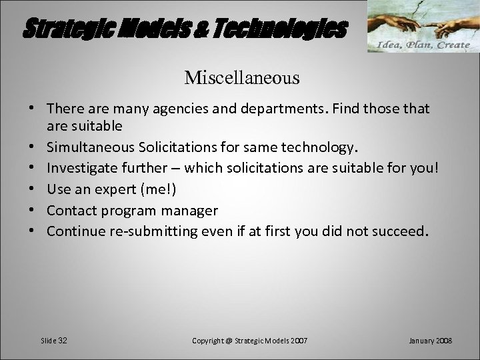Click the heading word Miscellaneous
click(x=242, y=78)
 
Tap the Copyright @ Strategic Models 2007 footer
click(x=250, y=341)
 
